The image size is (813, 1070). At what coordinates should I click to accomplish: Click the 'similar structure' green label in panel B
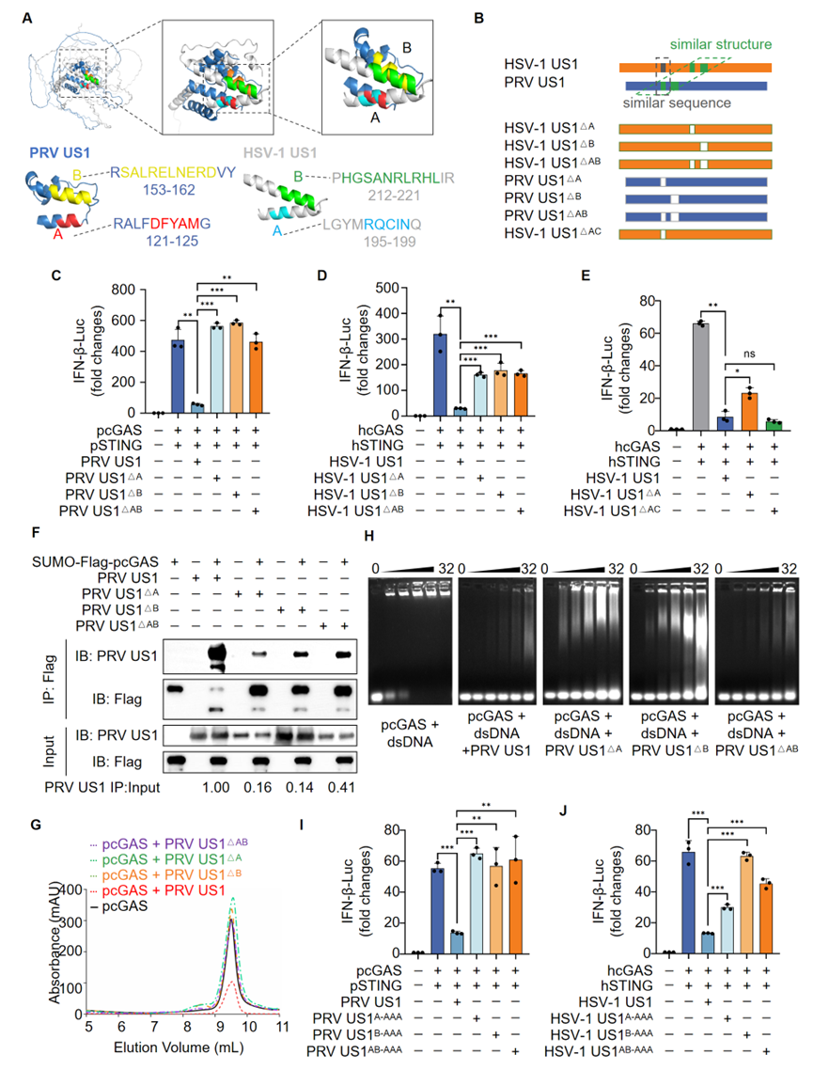(x=721, y=44)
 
